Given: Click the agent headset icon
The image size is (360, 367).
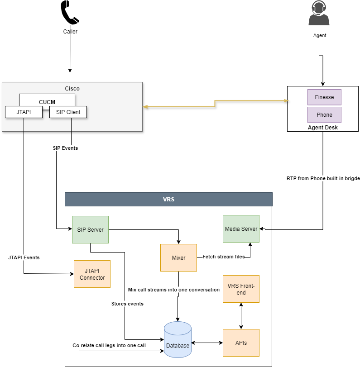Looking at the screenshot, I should [319, 14].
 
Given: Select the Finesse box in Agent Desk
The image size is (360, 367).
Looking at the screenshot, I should [324, 97].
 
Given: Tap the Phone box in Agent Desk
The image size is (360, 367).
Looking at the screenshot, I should [324, 115].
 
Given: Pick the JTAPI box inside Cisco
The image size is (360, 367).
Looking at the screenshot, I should [23, 112].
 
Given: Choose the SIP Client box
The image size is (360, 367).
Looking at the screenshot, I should [68, 112].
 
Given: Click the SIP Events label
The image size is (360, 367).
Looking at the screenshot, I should [65, 148].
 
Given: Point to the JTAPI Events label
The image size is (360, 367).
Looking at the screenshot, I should [24, 257].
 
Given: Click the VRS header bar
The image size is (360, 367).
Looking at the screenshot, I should [168, 200].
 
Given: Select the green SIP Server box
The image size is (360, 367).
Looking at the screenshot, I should [90, 229].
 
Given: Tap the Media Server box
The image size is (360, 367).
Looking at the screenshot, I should [241, 229].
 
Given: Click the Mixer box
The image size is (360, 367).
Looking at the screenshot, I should [178, 258].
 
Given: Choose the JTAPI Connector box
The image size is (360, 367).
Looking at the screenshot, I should [92, 274].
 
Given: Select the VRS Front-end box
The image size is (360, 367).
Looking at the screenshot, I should [241, 289].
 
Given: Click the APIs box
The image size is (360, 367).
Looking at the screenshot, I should [241, 343].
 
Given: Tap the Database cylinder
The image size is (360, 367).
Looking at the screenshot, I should [178, 339].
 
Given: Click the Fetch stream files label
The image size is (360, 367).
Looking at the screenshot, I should [223, 257].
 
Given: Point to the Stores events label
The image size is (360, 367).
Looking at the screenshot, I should [127, 304].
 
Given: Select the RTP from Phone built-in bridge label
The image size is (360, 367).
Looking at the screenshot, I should [323, 178].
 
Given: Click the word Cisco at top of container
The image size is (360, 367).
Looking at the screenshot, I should [72, 89].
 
